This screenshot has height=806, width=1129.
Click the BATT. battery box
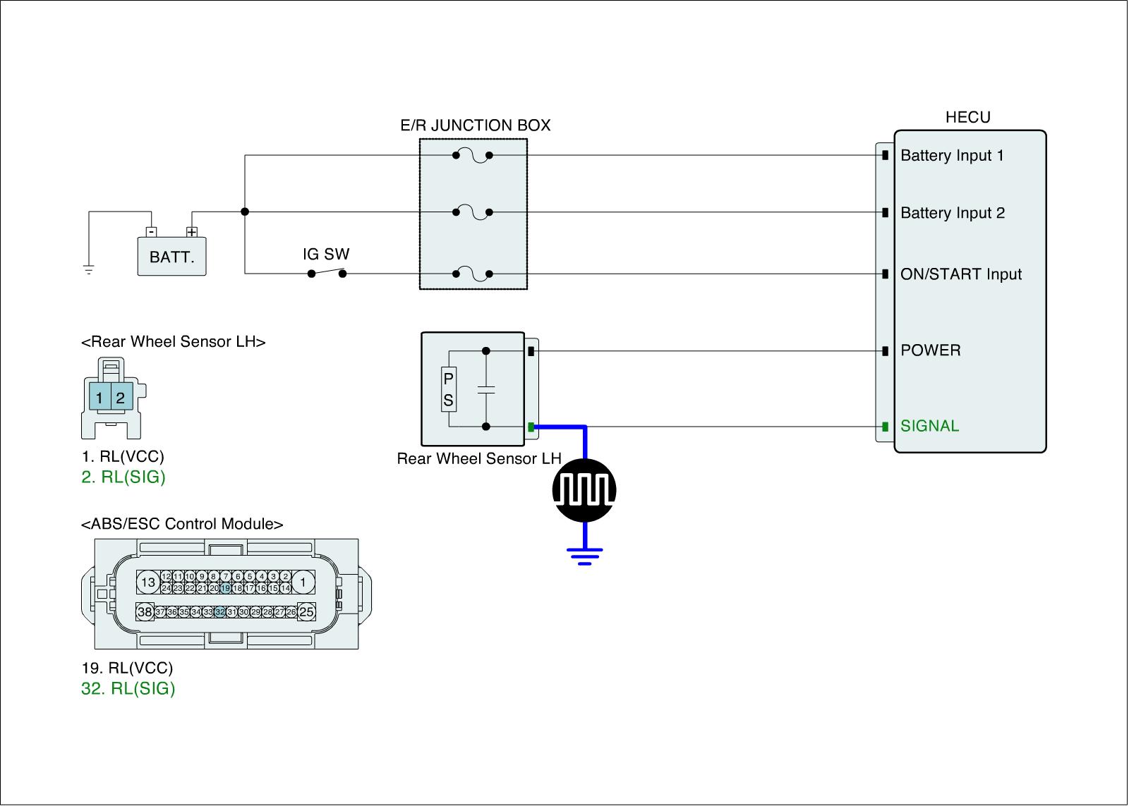point(171,257)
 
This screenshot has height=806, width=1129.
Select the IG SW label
point(326,254)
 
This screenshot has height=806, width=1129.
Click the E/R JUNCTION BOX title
point(475,126)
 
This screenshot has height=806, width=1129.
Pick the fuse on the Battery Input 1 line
point(473,155)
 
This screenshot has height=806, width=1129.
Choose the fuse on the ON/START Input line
point(473,274)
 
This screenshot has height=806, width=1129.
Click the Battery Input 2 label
point(953,213)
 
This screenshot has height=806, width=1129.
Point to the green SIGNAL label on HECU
point(929,426)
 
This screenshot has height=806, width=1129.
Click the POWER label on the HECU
point(930,350)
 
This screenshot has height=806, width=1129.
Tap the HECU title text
point(967,118)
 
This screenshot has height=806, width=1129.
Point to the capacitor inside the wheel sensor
point(486,389)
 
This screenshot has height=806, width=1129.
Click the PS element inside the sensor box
point(448,389)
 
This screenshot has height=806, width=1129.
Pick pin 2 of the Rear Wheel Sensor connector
point(121,398)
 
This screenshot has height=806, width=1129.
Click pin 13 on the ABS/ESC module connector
point(147,582)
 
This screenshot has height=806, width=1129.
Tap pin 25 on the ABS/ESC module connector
point(306,612)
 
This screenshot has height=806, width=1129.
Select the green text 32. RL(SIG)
point(128,688)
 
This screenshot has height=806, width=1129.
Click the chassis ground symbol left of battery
point(89,269)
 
